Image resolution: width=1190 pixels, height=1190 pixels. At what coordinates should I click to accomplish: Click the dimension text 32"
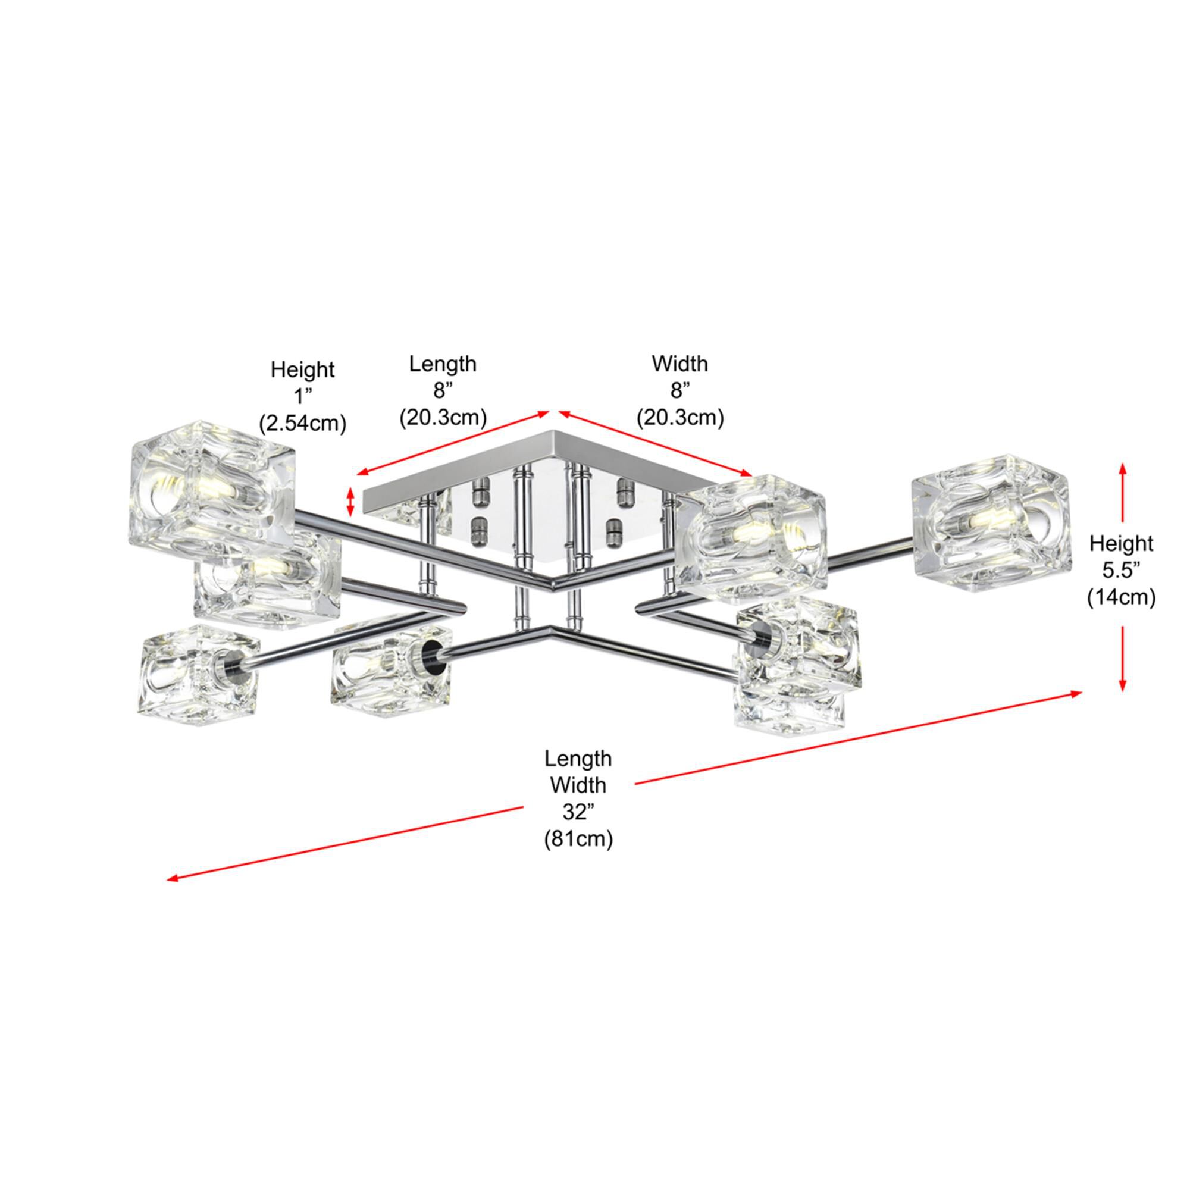pos(577,812)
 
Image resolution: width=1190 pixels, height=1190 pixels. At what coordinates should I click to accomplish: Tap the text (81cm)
pos(578,840)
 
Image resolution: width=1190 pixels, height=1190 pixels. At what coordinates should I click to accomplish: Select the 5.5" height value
pos(1120,571)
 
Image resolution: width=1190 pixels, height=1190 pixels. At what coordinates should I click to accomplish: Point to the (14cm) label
pos(1121,597)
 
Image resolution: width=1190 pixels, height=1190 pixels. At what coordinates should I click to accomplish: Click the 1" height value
pos(302,396)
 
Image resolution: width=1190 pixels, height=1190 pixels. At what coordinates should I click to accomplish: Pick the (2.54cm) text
pos(302,423)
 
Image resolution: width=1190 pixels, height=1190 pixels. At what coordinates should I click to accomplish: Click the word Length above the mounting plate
pos(443,364)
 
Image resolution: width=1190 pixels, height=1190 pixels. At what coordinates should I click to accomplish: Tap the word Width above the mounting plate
pos(680,364)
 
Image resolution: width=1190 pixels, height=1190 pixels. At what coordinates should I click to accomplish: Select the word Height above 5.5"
pos(1121,543)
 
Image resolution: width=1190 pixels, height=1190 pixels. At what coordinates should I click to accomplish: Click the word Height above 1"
pos(302,369)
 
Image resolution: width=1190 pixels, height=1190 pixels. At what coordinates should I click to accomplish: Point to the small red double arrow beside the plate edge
pos(351,502)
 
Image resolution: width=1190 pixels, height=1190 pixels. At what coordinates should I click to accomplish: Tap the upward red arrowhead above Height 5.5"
pos(1122,469)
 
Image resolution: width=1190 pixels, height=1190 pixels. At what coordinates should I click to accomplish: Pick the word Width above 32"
pos(578,785)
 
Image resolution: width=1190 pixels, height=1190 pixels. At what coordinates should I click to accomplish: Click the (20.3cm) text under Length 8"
pos(443,418)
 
